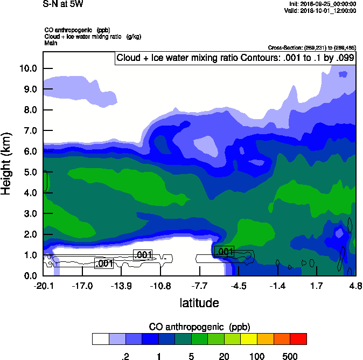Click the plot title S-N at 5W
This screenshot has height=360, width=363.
coord(64,4)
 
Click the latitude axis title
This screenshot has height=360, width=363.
coord(199,303)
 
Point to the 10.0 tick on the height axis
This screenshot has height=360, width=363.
coord(28,68)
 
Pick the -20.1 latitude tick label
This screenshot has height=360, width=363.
coord(43,285)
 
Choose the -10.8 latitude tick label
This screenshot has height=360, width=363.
coord(160,285)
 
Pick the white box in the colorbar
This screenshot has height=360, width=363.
coord(101,339)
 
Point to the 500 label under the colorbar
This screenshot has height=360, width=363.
coord(290,356)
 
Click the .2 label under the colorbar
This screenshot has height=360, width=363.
coord(125,356)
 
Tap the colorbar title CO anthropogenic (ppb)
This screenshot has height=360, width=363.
coord(199,327)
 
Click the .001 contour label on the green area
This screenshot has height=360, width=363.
coord(224,251)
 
